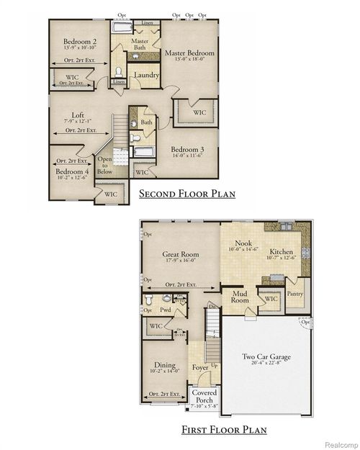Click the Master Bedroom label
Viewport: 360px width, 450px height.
[x=189, y=53]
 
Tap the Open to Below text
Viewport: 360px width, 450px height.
[x=106, y=166]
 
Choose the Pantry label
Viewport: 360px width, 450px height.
[x=295, y=294]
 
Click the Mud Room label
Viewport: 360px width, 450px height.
[x=239, y=297]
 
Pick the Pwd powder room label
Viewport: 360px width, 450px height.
[x=165, y=310]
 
